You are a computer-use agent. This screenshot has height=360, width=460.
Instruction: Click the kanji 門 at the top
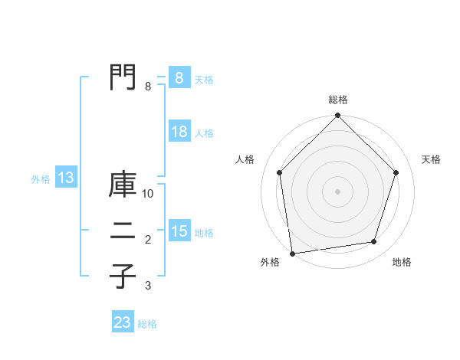point(123,77)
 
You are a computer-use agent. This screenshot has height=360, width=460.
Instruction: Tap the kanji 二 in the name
point(123,233)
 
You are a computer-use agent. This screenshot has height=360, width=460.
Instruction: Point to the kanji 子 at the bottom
point(123,276)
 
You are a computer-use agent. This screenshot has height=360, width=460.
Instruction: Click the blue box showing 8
point(179,78)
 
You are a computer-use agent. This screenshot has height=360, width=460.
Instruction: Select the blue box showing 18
point(179,132)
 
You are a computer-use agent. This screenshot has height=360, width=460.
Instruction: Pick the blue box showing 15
point(179,231)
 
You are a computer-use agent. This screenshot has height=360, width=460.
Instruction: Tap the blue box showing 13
point(65,178)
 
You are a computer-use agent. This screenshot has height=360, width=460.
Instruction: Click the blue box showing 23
point(123,322)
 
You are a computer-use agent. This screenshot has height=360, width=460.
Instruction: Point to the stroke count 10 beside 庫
point(148,194)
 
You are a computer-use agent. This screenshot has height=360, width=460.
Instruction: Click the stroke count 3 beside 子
point(148,286)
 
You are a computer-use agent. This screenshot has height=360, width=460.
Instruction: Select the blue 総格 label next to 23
point(147,324)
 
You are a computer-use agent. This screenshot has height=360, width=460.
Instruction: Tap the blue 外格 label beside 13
point(41,179)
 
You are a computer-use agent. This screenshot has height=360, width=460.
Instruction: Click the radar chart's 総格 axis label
point(337,100)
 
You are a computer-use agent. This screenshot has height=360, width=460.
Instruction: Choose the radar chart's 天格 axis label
point(431,159)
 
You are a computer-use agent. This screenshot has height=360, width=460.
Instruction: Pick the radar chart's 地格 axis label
point(402,262)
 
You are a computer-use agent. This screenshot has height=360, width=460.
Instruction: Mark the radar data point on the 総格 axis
point(337,116)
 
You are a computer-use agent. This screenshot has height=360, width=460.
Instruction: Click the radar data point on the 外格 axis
point(292,252)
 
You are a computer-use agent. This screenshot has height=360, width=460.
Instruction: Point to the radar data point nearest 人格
point(280,172)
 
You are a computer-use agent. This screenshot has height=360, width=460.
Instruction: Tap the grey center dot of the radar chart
point(337,191)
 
